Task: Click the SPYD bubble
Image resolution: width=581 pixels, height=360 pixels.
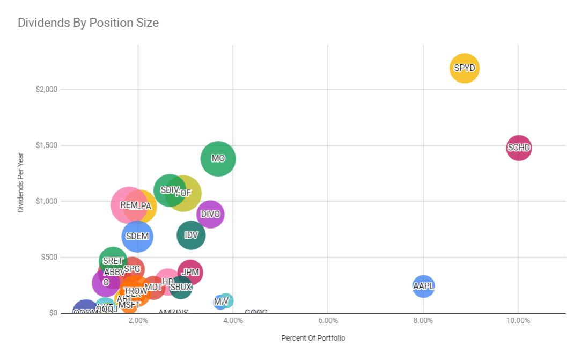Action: (464, 68)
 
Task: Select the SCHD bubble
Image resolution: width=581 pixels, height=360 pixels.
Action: (519, 148)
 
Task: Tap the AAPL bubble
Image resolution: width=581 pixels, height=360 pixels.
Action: (423, 286)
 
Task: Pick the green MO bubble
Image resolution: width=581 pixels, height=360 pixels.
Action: (218, 158)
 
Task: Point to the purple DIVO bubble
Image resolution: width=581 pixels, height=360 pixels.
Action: (210, 214)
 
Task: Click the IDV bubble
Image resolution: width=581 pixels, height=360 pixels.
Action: (191, 235)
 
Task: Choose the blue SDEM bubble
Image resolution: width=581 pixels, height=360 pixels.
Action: (137, 236)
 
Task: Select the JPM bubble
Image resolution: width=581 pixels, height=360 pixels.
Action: (190, 273)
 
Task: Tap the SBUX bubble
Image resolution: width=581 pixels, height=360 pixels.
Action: (181, 287)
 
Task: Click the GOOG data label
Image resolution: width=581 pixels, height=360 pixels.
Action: (256, 312)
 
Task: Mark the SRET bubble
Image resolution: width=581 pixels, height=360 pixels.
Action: (113, 261)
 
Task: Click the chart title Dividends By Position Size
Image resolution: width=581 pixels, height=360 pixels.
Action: (88, 23)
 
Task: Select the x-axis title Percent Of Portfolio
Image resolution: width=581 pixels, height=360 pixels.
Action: (313, 338)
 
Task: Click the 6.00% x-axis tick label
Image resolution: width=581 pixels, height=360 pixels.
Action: (328, 321)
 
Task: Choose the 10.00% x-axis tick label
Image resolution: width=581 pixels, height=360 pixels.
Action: (518, 321)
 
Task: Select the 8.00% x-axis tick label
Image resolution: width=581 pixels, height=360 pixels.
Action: (423, 321)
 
